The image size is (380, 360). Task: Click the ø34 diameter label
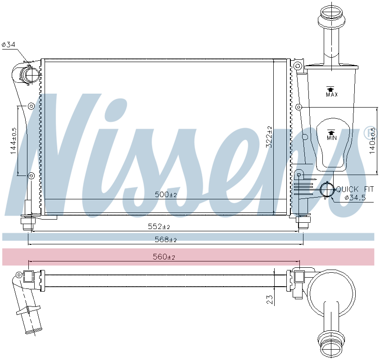pyautogui.click(x=9, y=45)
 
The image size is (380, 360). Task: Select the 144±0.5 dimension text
pyautogui.click(x=14, y=141)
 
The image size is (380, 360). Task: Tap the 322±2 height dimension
pyautogui.click(x=269, y=137)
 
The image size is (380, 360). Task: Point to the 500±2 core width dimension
pyautogui.click(x=166, y=194)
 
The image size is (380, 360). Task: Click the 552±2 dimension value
pyautogui.click(x=159, y=226)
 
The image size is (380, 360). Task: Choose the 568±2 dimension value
pyautogui.click(x=166, y=239)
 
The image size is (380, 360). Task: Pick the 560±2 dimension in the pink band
pyautogui.click(x=164, y=256)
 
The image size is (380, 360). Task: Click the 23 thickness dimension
pyautogui.click(x=270, y=299)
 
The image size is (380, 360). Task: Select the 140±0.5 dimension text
pyautogui.click(x=372, y=141)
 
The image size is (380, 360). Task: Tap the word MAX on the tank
pyautogui.click(x=332, y=94)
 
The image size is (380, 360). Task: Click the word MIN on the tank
pyautogui.click(x=332, y=138)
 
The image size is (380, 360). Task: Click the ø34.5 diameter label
pyautogui.click(x=355, y=198)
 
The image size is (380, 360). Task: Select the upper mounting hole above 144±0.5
pyautogui.click(x=31, y=106)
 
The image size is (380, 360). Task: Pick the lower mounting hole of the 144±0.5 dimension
pyautogui.click(x=31, y=175)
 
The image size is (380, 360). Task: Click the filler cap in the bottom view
pyautogui.click(x=331, y=346)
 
